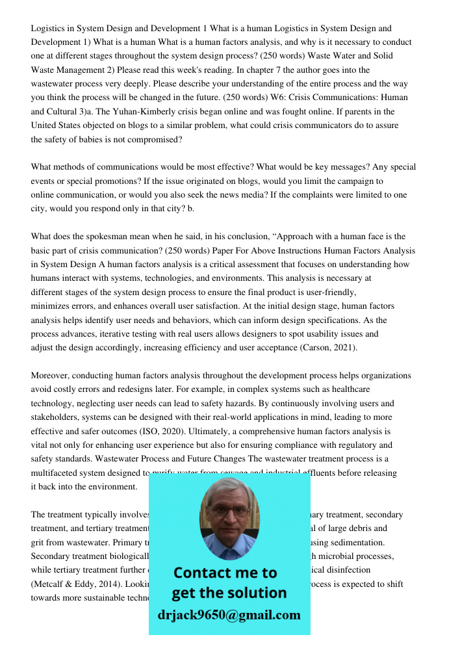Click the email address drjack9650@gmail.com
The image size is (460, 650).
click(229, 615)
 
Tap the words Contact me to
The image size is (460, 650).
click(225, 573)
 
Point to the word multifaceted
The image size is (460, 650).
click(55, 473)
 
